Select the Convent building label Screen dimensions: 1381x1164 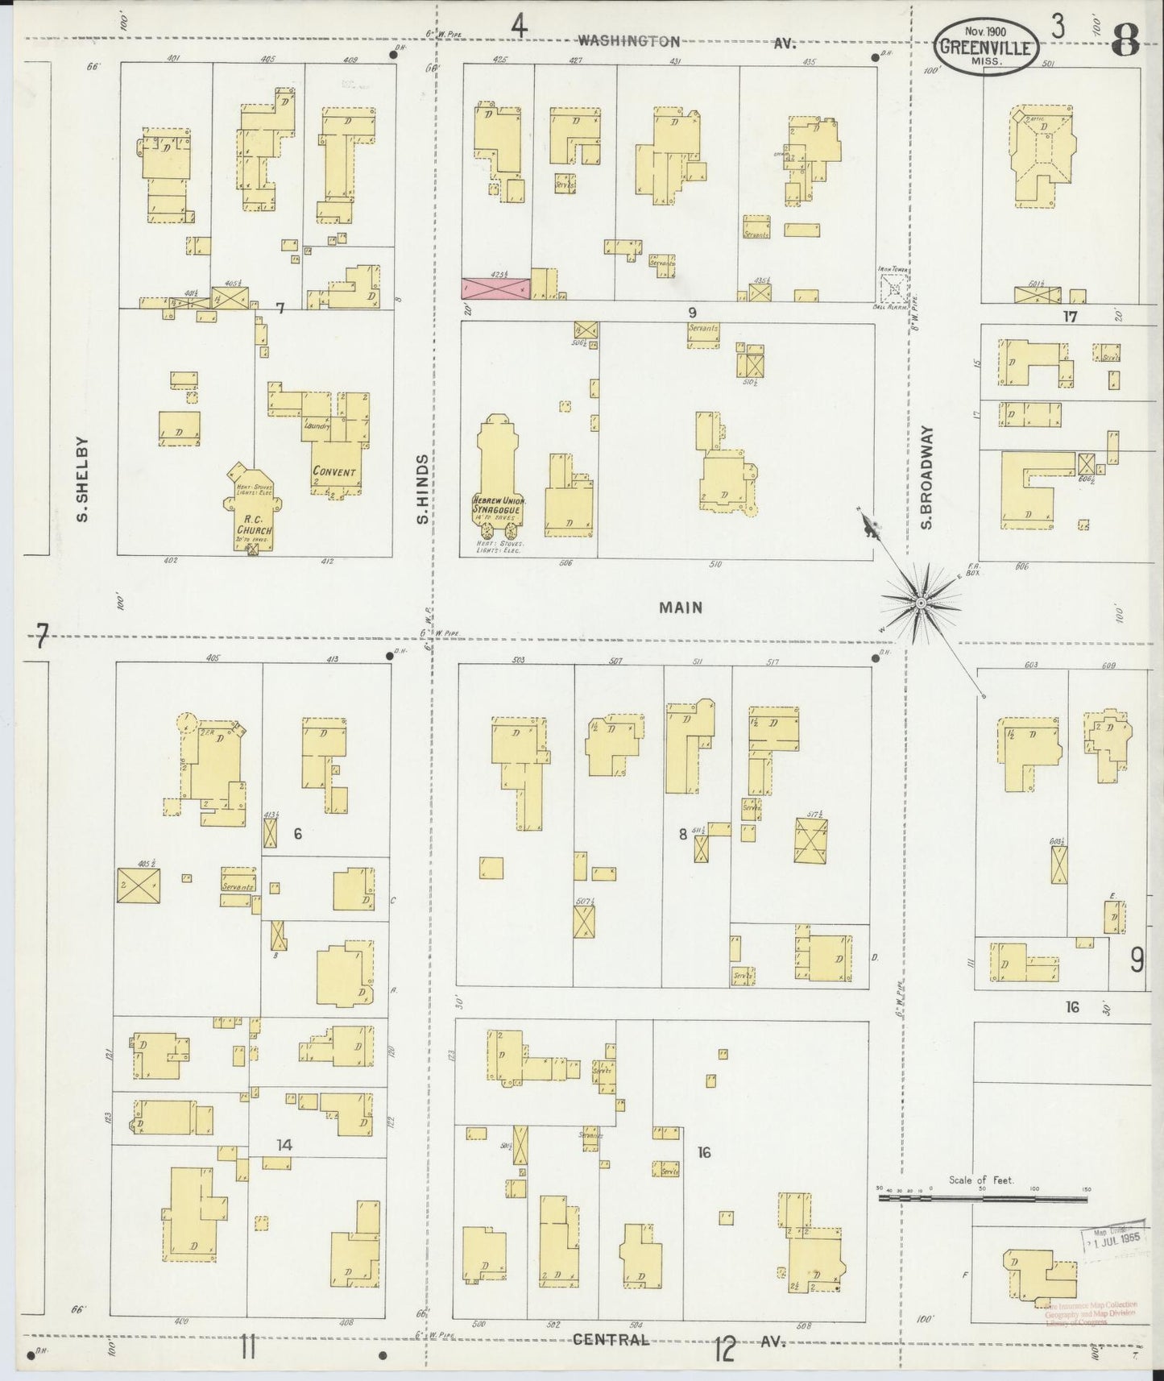coord(334,472)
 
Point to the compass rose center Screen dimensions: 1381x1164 coord(920,603)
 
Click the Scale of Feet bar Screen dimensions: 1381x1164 coord(983,1198)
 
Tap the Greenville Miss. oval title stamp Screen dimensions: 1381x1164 coord(986,47)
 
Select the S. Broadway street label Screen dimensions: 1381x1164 coord(926,479)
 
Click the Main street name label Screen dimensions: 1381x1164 coord(681,608)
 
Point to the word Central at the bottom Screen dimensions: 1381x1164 coord(611,1339)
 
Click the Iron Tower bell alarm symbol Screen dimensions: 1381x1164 coord(893,288)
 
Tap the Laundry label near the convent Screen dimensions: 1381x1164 coord(317,425)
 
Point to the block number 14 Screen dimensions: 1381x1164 coord(284,1145)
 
